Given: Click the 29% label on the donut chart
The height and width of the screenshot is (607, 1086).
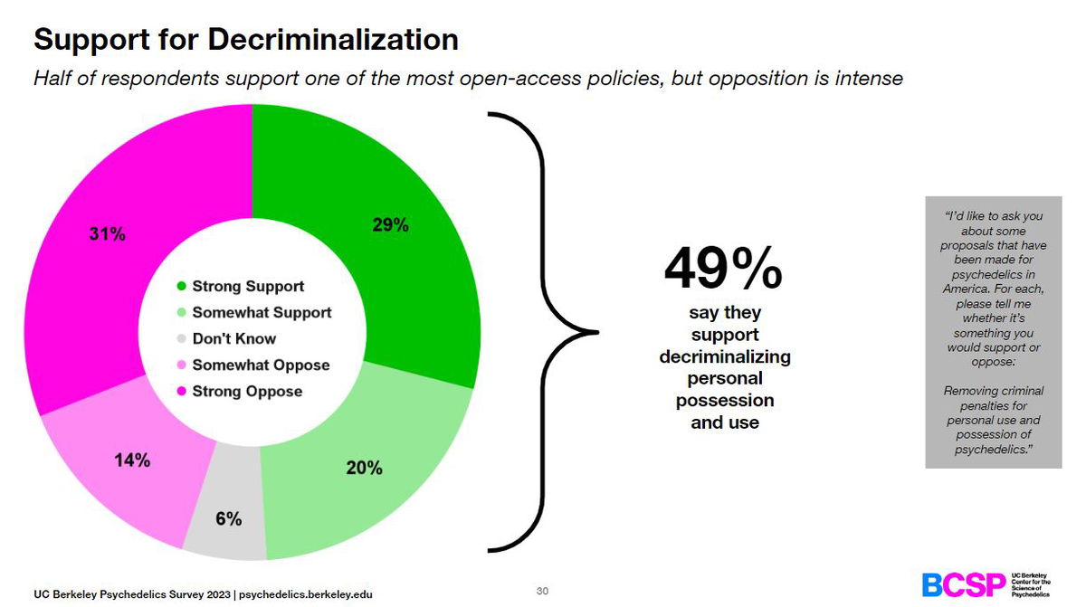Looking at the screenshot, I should [390, 226].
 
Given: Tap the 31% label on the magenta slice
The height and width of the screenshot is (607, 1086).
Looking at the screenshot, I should [108, 234].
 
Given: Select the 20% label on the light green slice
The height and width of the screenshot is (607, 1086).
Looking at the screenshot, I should [364, 468].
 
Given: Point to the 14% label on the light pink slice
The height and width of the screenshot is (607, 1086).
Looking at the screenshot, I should [132, 460].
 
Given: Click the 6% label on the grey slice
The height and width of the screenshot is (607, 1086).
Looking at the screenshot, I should [228, 518].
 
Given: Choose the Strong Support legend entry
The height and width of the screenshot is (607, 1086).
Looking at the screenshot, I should [247, 286].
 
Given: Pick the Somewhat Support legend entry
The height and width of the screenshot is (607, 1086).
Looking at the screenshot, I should [261, 312].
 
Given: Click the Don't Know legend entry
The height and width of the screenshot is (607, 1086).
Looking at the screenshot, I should [233, 338].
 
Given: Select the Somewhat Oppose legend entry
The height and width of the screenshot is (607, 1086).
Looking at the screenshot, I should [260, 365].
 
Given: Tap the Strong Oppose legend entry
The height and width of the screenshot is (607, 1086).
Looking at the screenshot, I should [246, 391].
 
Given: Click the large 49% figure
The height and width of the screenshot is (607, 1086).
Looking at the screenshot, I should [723, 269].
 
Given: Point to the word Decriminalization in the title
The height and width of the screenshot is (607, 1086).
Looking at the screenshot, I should [332, 40].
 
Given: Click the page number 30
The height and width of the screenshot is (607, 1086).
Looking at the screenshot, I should [543, 591].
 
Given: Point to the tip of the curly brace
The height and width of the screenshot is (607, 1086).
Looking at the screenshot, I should [596, 332].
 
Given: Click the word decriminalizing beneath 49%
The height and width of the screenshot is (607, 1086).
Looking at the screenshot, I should [724, 356].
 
